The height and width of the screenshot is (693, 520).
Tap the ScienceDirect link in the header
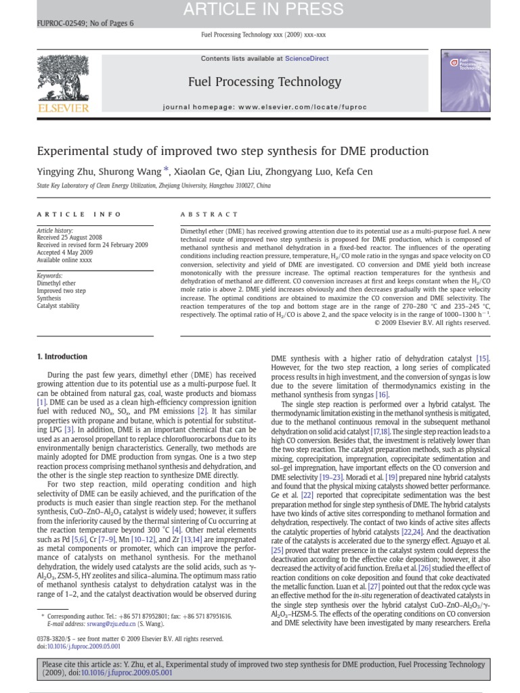307,59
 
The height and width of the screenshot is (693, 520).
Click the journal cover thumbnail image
465,81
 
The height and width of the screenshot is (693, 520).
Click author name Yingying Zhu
64,171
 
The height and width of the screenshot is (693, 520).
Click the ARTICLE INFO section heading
79,214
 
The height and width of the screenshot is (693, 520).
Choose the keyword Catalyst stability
58,306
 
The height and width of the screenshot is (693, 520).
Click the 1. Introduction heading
62,357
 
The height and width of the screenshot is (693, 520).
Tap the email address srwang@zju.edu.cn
97,625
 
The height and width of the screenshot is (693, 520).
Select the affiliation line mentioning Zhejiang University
153,185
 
